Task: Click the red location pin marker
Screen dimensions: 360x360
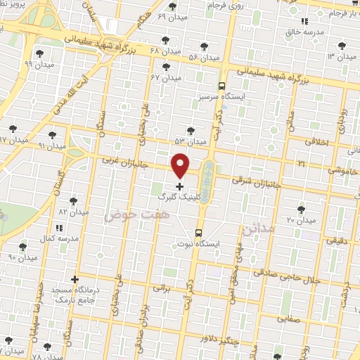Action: pyautogui.click(x=181, y=165)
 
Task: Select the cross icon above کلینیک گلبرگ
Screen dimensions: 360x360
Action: pyautogui.click(x=180, y=187)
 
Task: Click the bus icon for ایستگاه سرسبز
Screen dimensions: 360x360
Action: pyautogui.click(x=222, y=82)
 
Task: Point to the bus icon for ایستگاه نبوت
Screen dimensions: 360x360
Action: pyautogui.click(x=198, y=231)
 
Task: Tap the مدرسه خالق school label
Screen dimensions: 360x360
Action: pyautogui.click(x=303, y=33)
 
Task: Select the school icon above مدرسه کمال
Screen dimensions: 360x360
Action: pyautogui.click(x=58, y=227)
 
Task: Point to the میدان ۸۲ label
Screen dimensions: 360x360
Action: pyautogui.click(x=72, y=211)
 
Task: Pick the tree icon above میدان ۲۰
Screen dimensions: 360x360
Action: pyautogui.click(x=302, y=209)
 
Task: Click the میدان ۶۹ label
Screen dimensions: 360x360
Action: pyautogui.click(x=172, y=16)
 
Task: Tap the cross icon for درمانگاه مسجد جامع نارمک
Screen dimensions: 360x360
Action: pyautogui.click(x=75, y=279)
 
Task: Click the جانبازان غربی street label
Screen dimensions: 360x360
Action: pyautogui.click(x=120, y=161)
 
